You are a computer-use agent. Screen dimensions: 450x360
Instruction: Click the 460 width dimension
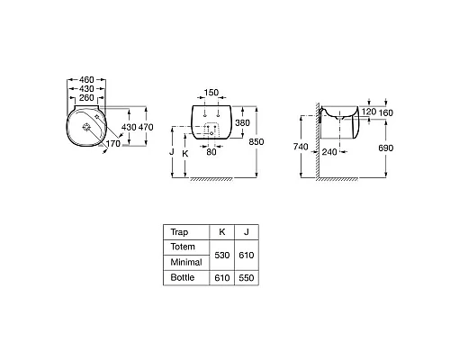tap(86, 80)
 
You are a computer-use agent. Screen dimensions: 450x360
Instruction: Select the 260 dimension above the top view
tap(86, 98)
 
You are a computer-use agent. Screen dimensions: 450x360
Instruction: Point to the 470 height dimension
tap(146, 127)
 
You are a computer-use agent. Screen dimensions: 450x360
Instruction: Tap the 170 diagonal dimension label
tap(113, 144)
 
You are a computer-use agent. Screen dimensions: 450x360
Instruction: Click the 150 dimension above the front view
tap(211, 93)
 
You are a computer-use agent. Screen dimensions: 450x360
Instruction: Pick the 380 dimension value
tap(242, 122)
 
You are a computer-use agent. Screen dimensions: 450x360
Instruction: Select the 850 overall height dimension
tap(256, 141)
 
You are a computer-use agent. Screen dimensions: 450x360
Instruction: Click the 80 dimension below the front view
tap(211, 152)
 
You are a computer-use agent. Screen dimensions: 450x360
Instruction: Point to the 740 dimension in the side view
tap(301, 147)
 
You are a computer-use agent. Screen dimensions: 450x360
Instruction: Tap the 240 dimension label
tap(329, 152)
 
